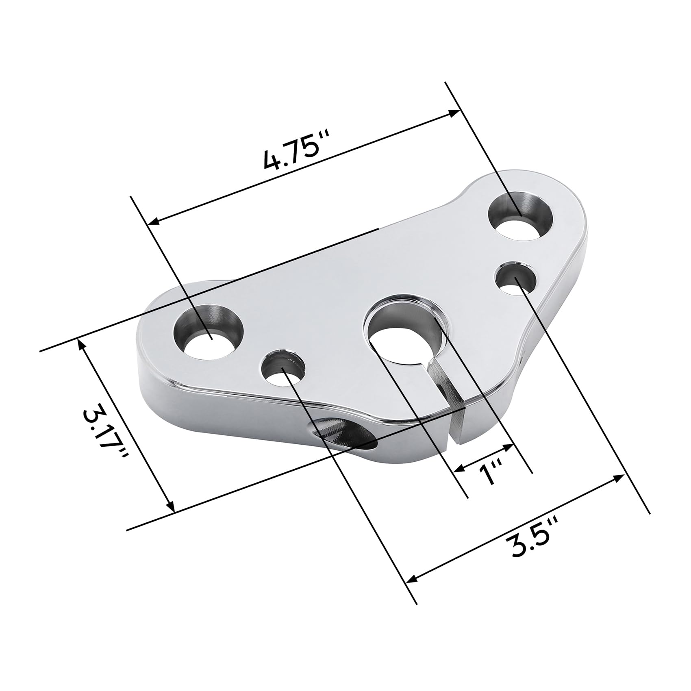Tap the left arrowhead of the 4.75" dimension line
click(154, 222)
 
